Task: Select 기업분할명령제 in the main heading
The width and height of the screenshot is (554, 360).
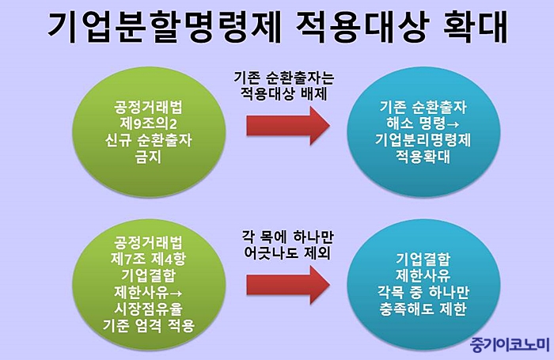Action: (x=165, y=26)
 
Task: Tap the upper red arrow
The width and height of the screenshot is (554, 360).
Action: (x=288, y=126)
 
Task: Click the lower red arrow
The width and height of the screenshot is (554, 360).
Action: (x=288, y=285)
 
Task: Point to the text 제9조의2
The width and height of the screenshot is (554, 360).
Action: (x=149, y=123)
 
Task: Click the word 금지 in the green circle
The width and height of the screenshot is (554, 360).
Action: (x=149, y=157)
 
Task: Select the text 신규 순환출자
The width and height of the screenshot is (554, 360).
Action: (x=149, y=140)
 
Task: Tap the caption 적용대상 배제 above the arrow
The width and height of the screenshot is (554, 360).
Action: (x=283, y=94)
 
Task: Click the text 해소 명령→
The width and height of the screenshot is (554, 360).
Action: (x=423, y=123)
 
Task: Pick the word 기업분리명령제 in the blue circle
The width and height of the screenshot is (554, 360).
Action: (x=423, y=140)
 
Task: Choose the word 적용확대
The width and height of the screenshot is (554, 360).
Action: (x=423, y=157)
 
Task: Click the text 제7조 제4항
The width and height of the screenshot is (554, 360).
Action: (x=148, y=260)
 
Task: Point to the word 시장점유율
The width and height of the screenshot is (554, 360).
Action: (x=149, y=309)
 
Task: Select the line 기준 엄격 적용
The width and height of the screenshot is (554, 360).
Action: (x=149, y=325)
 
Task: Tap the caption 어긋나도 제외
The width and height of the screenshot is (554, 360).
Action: (x=287, y=253)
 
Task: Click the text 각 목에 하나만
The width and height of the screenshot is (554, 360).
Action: (x=287, y=237)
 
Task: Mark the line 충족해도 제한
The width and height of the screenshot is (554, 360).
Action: (x=423, y=309)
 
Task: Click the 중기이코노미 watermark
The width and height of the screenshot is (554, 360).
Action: (x=510, y=344)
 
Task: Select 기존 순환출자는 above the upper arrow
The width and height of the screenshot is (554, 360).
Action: (x=283, y=78)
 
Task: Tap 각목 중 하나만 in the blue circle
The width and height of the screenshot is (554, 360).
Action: (x=423, y=292)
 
